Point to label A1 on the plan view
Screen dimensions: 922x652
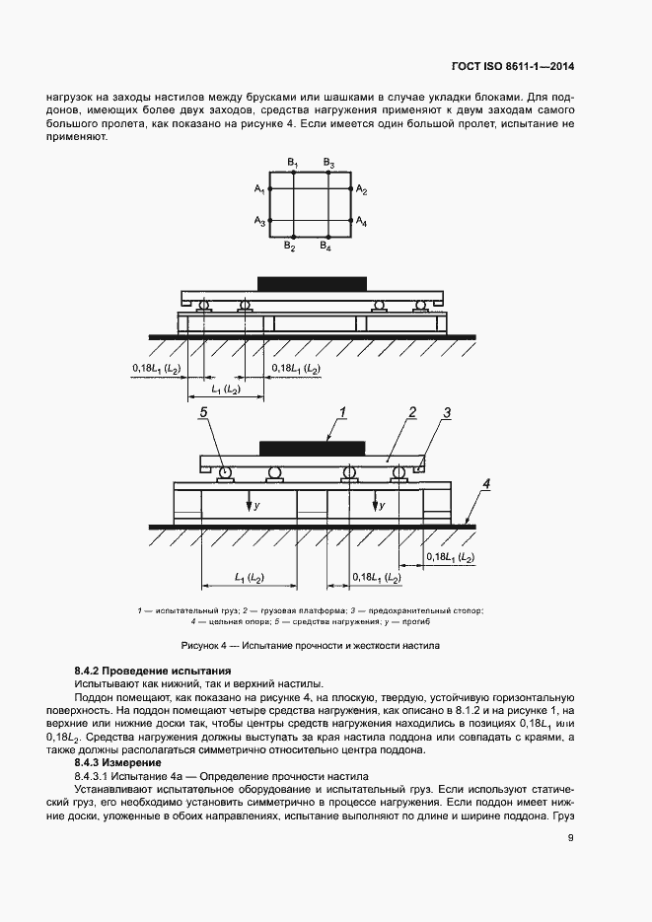[x=258, y=188]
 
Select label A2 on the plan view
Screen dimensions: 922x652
[x=362, y=188]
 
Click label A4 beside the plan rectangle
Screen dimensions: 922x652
[x=362, y=222]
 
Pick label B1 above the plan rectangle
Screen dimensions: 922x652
[x=293, y=162]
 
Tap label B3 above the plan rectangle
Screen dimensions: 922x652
[x=328, y=162]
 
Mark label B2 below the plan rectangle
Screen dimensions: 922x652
[x=291, y=246]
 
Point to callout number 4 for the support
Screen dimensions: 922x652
[x=485, y=484]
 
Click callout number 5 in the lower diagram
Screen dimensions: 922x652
[x=204, y=414]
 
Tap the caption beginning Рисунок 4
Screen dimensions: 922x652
[x=311, y=645]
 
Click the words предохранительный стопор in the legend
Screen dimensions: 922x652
[x=439, y=611]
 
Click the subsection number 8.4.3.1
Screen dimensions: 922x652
[x=95, y=776]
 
